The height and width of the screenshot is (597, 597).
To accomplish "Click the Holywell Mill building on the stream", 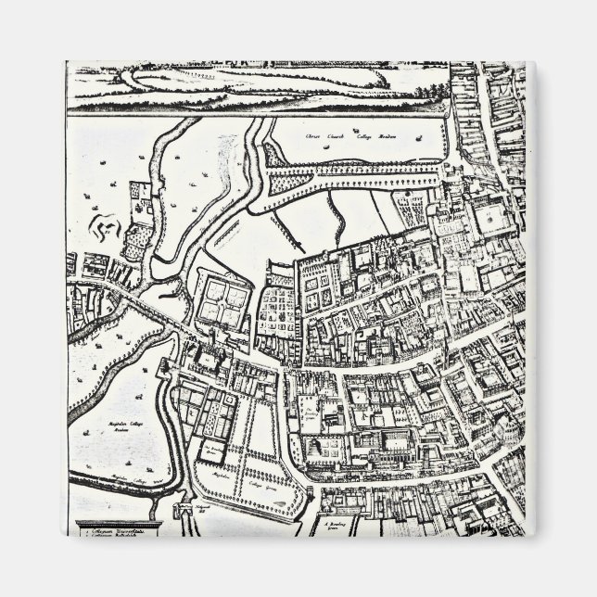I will [182, 508].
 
